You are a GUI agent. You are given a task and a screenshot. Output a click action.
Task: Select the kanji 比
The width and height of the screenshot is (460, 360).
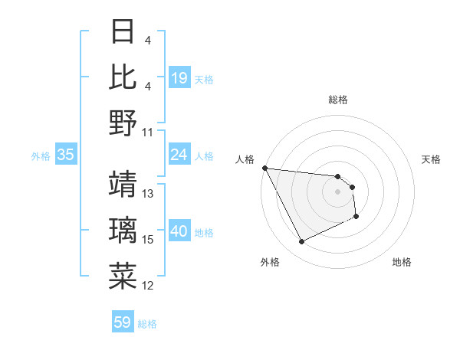pos(123,77)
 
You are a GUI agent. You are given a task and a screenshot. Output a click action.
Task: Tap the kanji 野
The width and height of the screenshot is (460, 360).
pos(123,123)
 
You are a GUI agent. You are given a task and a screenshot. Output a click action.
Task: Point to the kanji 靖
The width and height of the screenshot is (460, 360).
pos(123,184)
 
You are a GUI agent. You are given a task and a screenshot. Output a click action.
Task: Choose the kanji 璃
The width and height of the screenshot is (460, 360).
pos(123,230)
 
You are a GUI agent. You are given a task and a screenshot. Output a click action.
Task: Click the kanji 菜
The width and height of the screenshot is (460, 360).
pos(123,276)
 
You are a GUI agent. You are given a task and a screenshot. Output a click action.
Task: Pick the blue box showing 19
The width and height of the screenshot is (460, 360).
pos(179,78)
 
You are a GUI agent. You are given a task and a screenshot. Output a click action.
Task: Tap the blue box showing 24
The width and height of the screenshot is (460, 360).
pos(179,155)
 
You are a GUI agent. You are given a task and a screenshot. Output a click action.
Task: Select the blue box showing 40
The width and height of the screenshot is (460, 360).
pos(179,232)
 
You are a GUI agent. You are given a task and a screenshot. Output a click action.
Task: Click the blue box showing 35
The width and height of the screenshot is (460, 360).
pos(65,155)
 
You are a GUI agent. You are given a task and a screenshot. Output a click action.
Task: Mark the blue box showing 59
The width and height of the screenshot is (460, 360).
pos(123,322)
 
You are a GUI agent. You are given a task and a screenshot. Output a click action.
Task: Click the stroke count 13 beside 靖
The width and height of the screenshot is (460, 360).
pos(148,194)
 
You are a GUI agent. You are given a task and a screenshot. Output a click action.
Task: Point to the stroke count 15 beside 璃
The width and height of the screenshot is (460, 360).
pos(148,240)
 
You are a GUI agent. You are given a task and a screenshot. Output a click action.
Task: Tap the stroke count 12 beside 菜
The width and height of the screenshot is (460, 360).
pos(148,286)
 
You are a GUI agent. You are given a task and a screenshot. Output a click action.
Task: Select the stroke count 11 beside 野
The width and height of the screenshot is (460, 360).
pos(148,133)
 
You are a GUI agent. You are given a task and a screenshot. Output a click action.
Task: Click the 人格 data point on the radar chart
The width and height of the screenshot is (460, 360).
pos(264,168)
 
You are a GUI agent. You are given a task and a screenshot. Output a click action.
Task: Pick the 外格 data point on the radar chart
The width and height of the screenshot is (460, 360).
pos(301,242)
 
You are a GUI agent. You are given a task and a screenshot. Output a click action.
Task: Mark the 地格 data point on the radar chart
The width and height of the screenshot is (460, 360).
pos(356,218)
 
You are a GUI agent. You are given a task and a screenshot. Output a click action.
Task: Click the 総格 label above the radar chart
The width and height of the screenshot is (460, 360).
pos(337,100)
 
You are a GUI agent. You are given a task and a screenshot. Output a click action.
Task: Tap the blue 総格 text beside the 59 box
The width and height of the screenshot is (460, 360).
pos(148,323)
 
